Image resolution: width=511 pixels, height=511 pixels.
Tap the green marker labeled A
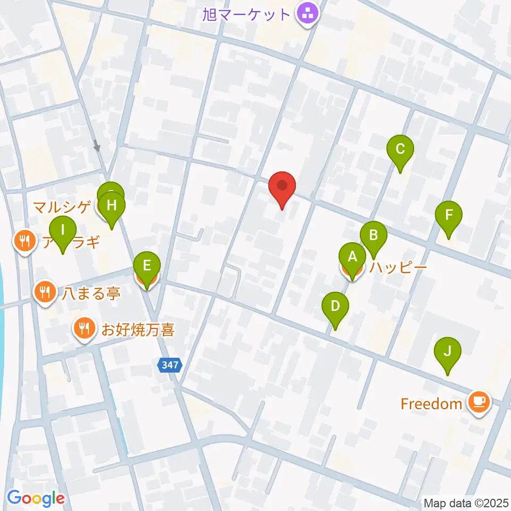pos(352,258)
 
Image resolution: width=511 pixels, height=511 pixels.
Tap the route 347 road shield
pos(170,365)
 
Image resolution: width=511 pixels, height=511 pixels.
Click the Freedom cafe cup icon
pos(479,402)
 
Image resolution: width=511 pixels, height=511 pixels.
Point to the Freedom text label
pos(431,404)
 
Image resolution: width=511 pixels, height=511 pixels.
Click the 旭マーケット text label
pos(246,14)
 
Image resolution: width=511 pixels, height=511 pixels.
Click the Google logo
pos(36,498)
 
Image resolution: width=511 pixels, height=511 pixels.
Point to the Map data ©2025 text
pos(466,502)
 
